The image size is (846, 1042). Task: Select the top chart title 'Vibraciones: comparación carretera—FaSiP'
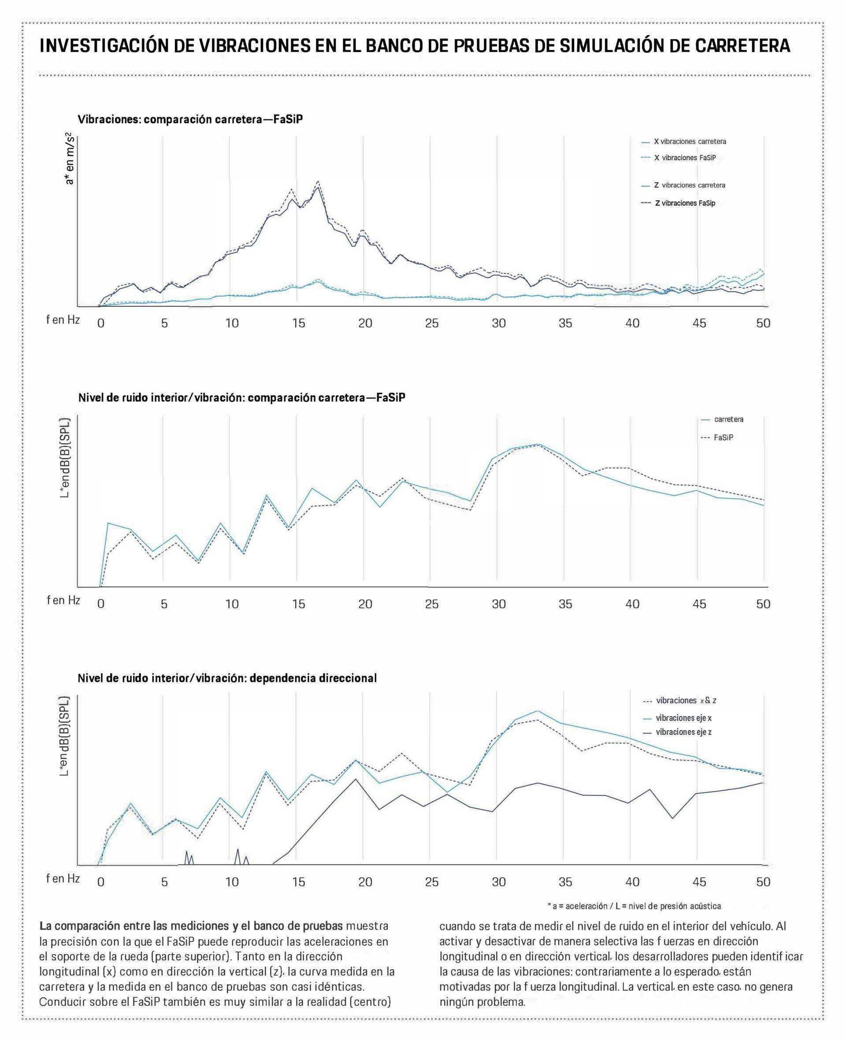[x=190, y=119]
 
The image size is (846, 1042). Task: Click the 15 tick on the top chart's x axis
[x=298, y=323]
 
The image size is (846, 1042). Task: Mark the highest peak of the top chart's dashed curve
[x=318, y=181]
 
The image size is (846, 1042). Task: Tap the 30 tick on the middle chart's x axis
[x=498, y=604]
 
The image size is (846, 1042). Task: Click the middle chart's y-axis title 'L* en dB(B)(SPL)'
[x=65, y=458]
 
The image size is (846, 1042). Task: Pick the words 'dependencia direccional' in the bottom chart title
[x=313, y=678]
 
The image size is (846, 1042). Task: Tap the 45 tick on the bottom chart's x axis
[x=699, y=882]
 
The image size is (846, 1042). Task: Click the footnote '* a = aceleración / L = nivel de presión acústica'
[x=634, y=906]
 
